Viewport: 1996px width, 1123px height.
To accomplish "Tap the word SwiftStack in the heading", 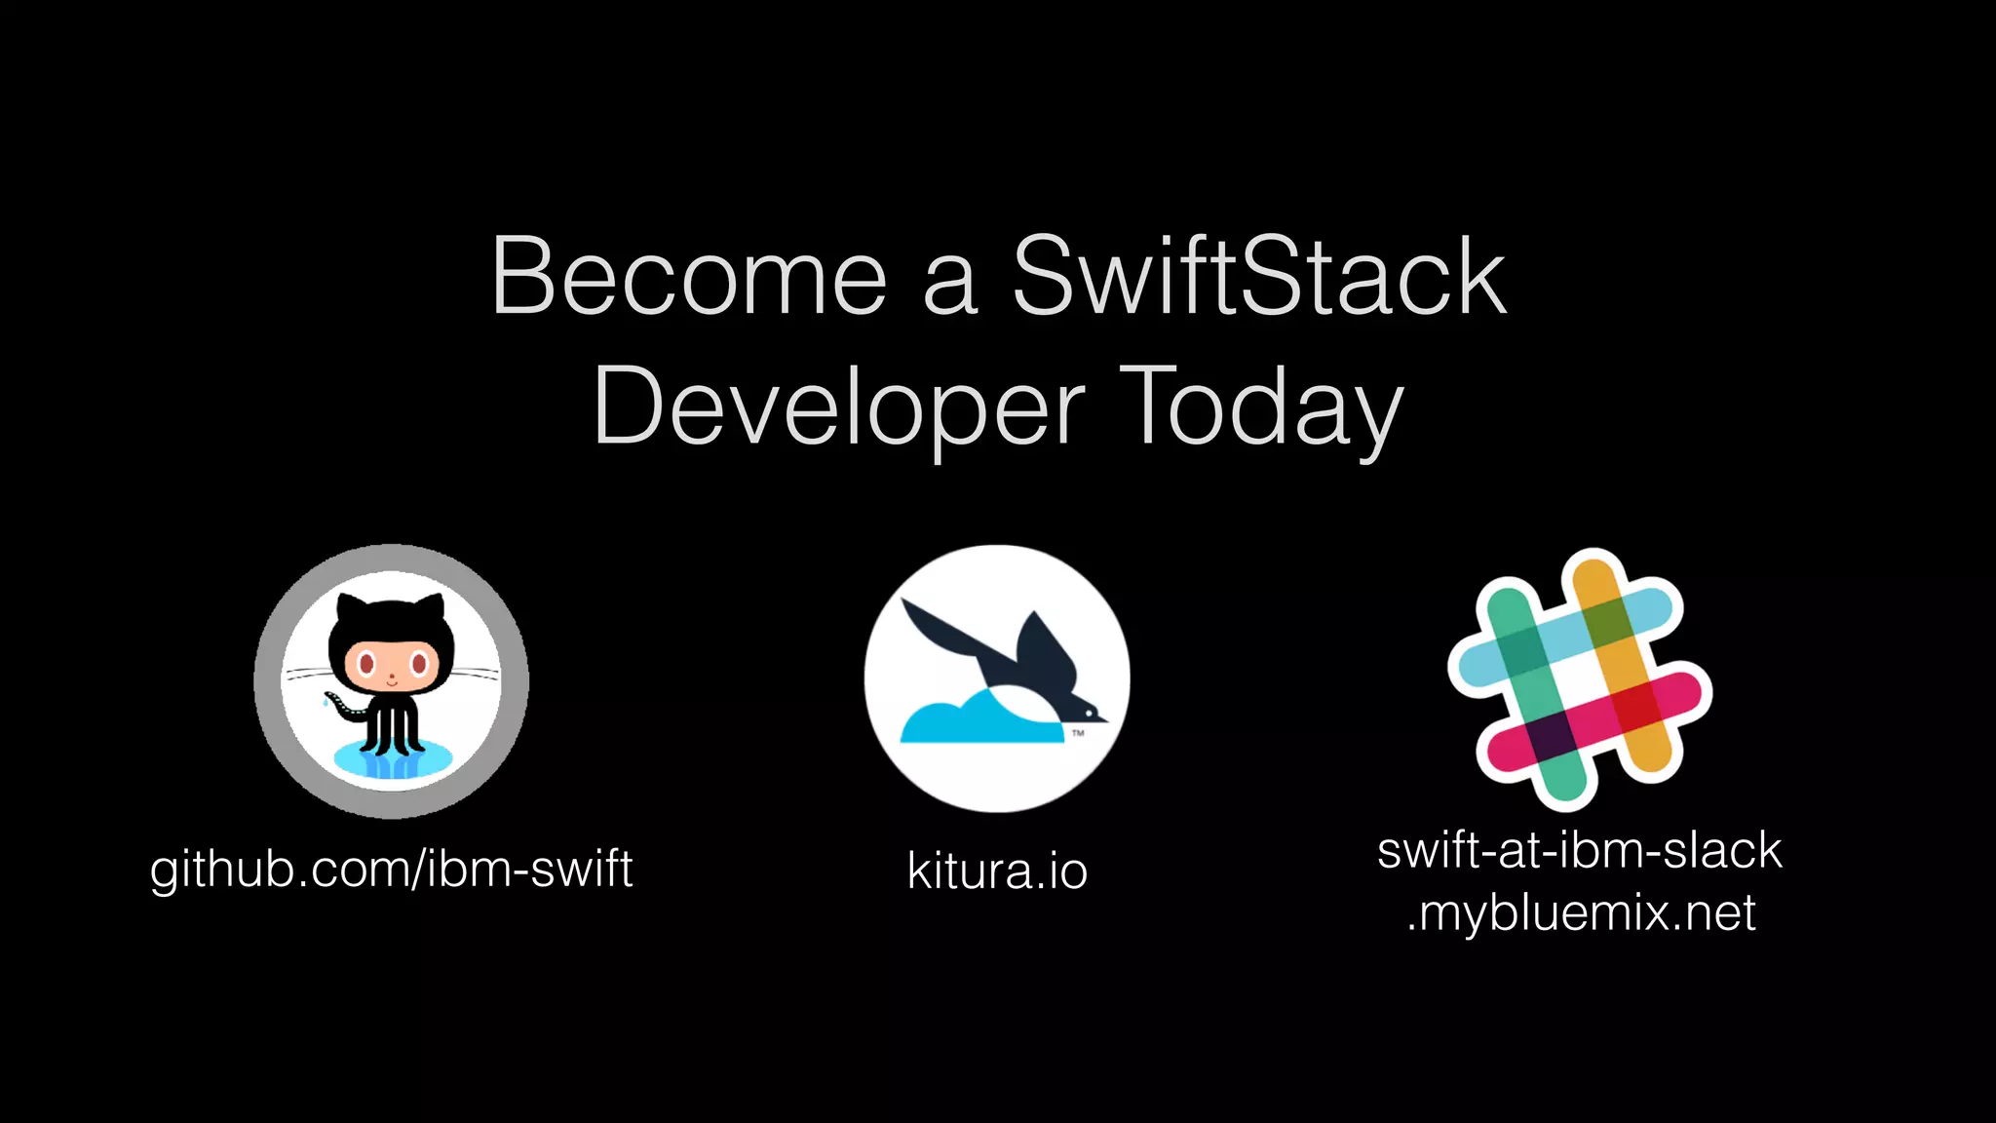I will click(x=1259, y=278).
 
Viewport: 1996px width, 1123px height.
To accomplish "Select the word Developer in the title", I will click(x=838, y=407).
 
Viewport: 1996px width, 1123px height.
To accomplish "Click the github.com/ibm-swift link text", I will click(x=391, y=869).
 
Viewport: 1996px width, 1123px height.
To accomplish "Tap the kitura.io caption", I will click(x=996, y=871).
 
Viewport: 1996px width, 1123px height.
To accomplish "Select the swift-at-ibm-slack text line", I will click(x=1579, y=850).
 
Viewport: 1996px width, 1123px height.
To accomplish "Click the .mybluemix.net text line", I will click(x=1581, y=913).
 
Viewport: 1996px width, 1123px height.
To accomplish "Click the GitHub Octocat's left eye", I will click(x=366, y=665).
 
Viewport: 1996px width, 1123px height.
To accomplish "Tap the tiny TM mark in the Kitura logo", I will click(x=1078, y=732).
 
